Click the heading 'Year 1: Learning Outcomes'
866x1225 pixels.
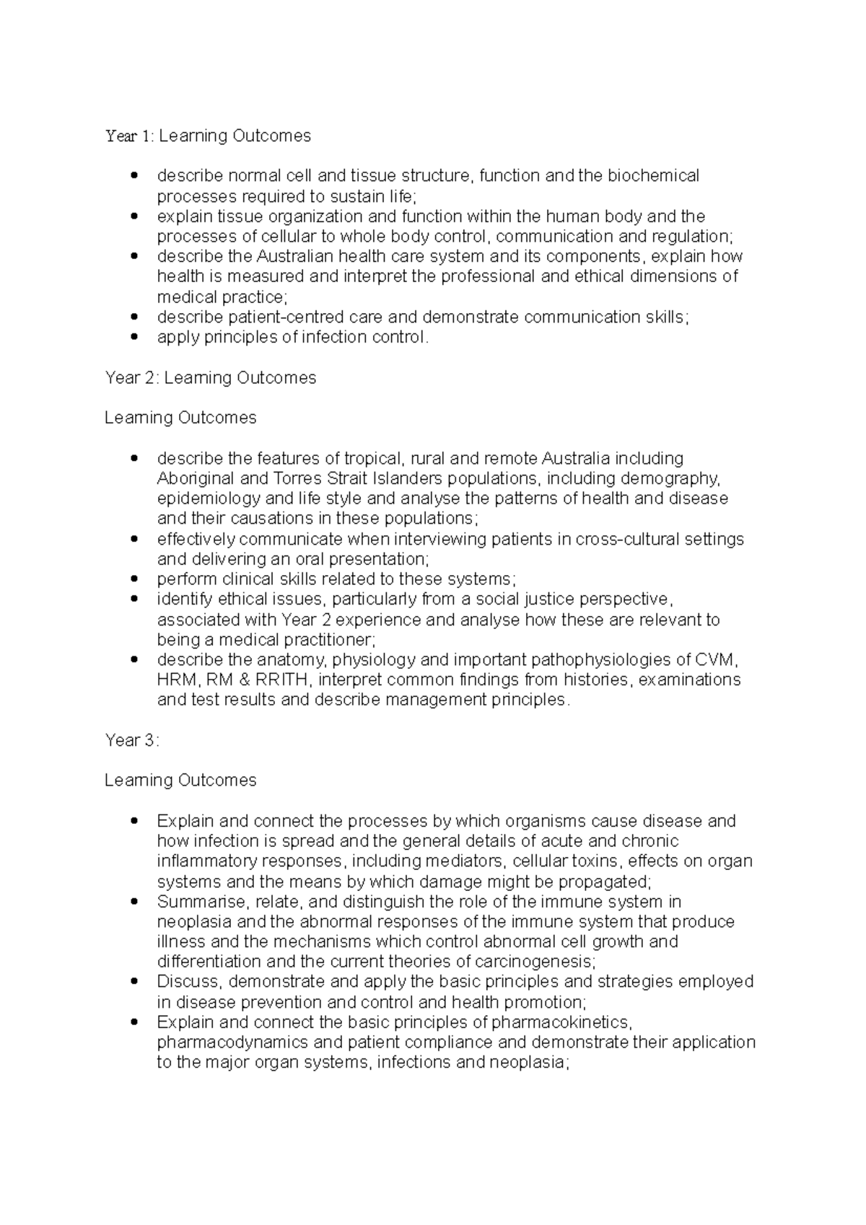point(208,136)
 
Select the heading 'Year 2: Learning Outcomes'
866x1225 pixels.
point(210,378)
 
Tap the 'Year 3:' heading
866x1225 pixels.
point(131,740)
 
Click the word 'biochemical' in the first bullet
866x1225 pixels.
point(653,176)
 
